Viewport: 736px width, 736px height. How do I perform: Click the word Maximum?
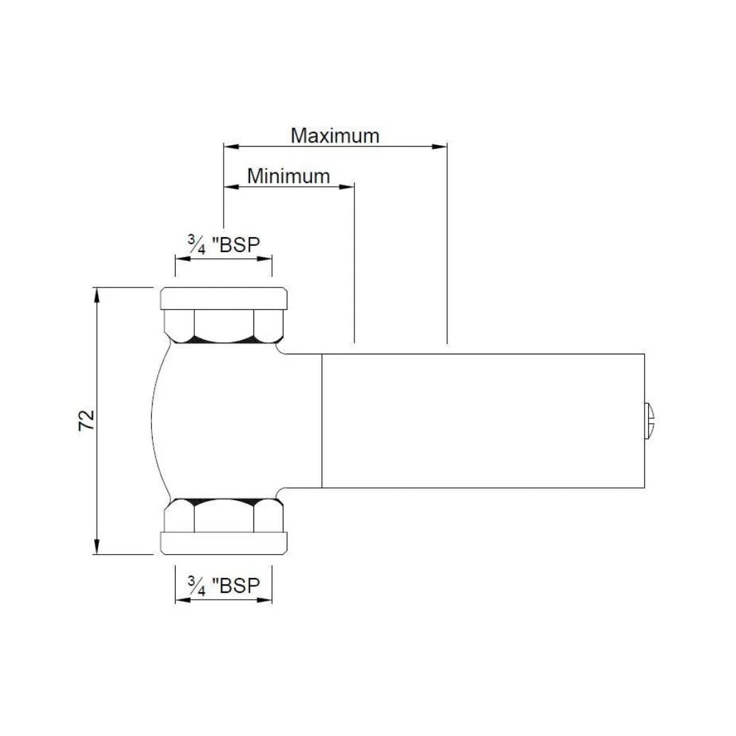click(335, 135)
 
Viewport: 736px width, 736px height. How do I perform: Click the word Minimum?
click(288, 176)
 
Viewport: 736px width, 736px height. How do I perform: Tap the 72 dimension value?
click(87, 420)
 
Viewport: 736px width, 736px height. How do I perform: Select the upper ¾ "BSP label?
click(224, 244)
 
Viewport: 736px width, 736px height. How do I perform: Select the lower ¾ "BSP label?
click(224, 585)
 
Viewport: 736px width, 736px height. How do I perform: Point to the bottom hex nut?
click(224, 515)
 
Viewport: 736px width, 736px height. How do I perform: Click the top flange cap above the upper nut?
click(224, 298)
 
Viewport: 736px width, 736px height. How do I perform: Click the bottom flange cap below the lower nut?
click(224, 543)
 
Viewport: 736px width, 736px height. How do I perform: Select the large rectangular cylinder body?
click(482, 420)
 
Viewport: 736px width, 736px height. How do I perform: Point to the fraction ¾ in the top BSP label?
click(196, 244)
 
